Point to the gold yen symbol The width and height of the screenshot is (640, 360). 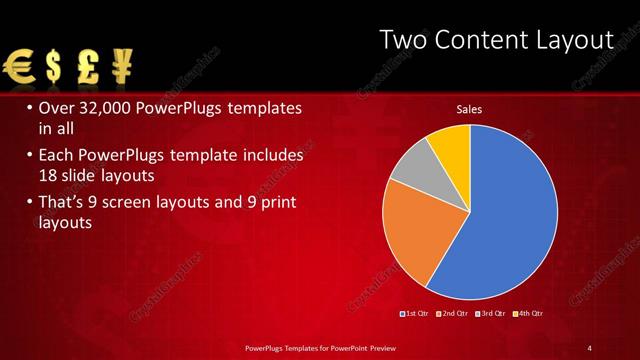pyautogui.click(x=124, y=67)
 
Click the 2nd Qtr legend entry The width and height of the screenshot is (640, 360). pyautogui.click(x=453, y=315)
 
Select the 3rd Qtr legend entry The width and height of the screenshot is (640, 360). pyautogui.click(x=491, y=315)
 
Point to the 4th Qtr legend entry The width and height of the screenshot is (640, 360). pyautogui.click(x=529, y=315)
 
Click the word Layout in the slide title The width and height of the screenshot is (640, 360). pyautogui.click(x=575, y=40)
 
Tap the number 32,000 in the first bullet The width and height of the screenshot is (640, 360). pyautogui.click(x=105, y=107)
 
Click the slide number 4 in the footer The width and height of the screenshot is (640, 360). pyautogui.click(x=590, y=347)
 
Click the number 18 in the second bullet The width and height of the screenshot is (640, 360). pyautogui.click(x=49, y=176)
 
